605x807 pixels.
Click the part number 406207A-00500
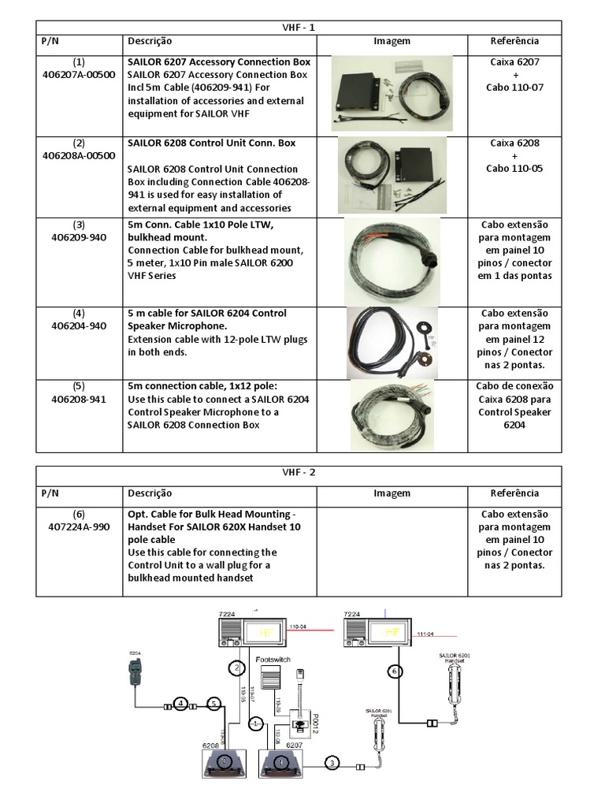79,74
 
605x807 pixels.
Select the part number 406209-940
79,237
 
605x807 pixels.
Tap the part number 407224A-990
79,527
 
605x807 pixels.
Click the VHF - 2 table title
302,473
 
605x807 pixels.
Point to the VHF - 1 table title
302,28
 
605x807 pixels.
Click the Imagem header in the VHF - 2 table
392,493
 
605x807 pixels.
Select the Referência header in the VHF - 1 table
514,41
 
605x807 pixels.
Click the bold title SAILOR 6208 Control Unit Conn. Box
212,143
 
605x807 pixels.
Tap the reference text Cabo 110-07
514,87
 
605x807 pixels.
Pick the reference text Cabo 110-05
514,169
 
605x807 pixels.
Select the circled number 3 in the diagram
332,763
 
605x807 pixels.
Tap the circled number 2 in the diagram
236,668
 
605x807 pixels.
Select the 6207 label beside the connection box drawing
293,744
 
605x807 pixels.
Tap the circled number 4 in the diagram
180,703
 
